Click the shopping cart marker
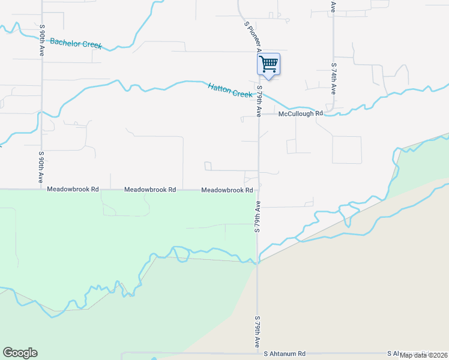coord(268,64)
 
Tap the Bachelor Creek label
coord(76,43)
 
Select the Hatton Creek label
coord(230,91)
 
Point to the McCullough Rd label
coord(301,113)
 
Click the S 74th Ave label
coord(334,78)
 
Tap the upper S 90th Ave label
coord(43,40)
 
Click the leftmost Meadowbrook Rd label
coord(73,189)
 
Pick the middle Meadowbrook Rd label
coord(150,190)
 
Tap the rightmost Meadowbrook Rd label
coord(226,190)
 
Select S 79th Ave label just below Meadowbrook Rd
coord(257,217)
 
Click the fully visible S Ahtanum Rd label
coord(285,354)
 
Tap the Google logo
coord(20,353)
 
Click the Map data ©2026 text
coord(423,355)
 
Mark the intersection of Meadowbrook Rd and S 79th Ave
coord(259,190)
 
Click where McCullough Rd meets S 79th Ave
coord(259,113)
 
